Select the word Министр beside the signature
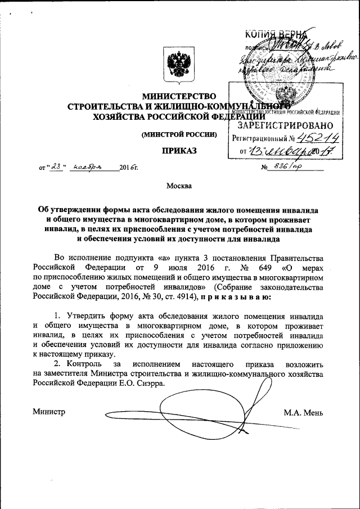pyautogui.click(x=49, y=412)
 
